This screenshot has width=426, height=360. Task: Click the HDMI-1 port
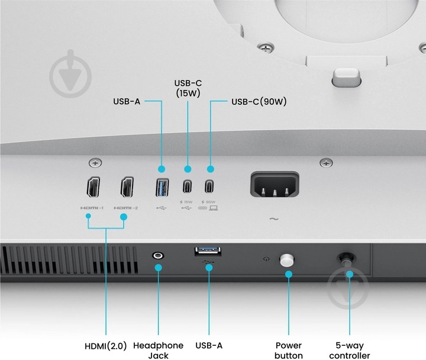point(93,187)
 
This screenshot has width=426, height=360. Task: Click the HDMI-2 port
point(127,187)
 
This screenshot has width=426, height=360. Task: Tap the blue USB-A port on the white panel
point(162,187)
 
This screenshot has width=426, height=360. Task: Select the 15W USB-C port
point(187,187)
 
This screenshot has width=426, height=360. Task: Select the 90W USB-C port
point(209,187)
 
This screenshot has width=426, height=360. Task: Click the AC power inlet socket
point(275,184)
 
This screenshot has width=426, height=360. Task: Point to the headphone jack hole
point(158,256)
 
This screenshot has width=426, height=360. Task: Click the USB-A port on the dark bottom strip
point(208,251)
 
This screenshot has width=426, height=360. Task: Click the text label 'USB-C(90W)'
point(259,102)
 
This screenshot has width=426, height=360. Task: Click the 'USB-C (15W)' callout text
point(188,88)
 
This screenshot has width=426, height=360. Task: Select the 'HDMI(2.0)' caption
point(106,346)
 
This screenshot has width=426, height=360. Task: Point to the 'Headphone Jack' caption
point(158,351)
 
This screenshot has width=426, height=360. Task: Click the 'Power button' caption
point(289,351)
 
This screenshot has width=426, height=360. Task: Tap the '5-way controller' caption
point(350,351)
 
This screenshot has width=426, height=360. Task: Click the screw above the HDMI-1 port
point(95,163)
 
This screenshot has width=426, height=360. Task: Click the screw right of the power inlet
point(326,163)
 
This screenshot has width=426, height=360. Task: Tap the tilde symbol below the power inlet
point(274,218)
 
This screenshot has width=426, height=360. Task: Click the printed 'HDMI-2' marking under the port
point(126,208)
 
